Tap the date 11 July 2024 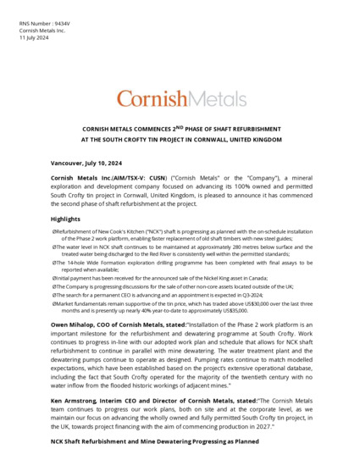pos(35,38)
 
